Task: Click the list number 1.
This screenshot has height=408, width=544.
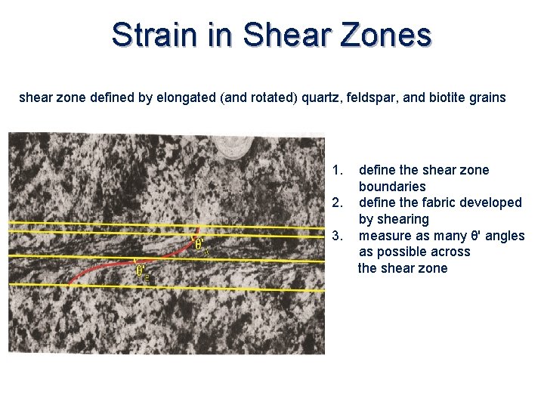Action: click(x=338, y=170)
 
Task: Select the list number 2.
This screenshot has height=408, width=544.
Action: click(x=338, y=202)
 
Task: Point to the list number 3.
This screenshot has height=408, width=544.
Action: click(x=338, y=236)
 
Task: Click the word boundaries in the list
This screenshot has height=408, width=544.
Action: click(x=392, y=187)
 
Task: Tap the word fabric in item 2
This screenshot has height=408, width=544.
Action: click(x=443, y=202)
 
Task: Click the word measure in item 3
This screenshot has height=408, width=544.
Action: click(x=383, y=236)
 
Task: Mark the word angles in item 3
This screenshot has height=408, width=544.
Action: click(x=505, y=236)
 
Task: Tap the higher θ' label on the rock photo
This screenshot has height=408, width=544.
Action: click(x=199, y=244)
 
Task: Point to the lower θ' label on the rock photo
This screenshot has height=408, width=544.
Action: click(x=141, y=270)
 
